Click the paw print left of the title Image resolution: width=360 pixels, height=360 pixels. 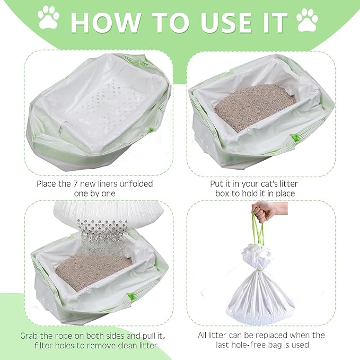[x=48, y=17]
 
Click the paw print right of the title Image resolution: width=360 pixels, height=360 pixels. [x=308, y=20]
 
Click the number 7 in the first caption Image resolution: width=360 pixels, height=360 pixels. [x=74, y=183]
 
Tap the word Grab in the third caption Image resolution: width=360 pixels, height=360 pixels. [x=31, y=336]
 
